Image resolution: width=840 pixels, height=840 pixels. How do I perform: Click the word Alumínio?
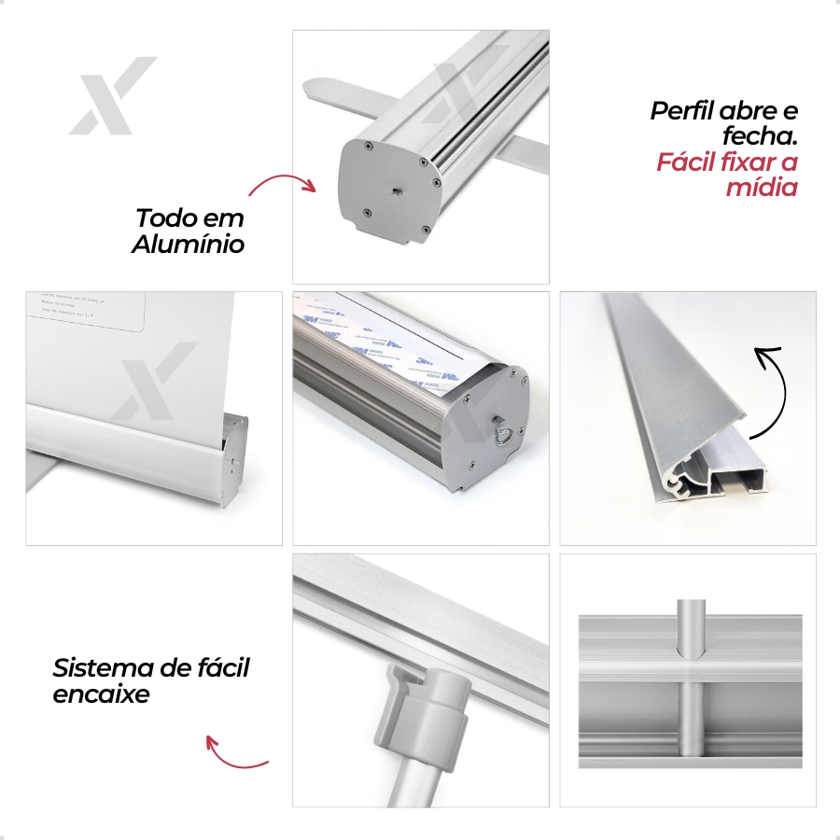click(188, 245)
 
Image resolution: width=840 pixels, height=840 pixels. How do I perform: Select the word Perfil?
click(682, 111)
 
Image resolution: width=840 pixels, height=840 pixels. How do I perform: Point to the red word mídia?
click(763, 188)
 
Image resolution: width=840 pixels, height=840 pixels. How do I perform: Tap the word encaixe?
click(101, 695)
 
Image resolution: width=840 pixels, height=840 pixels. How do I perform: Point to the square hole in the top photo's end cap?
click(397, 192)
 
